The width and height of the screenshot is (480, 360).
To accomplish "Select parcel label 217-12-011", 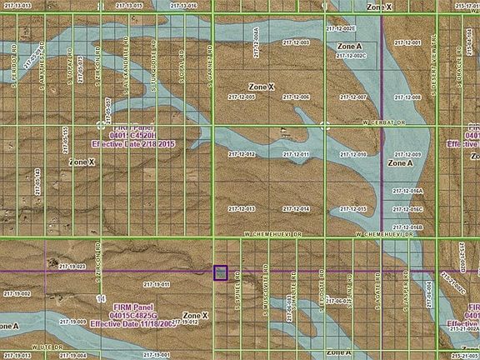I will point(296,155).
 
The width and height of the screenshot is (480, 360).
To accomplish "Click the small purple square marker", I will point(220,272).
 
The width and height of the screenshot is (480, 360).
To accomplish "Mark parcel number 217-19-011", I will point(156,285).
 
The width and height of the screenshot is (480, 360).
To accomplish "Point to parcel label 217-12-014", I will point(296,208).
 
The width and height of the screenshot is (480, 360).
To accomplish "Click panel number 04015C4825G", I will point(142,316).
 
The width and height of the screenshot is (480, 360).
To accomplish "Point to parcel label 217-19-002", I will point(16,293).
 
